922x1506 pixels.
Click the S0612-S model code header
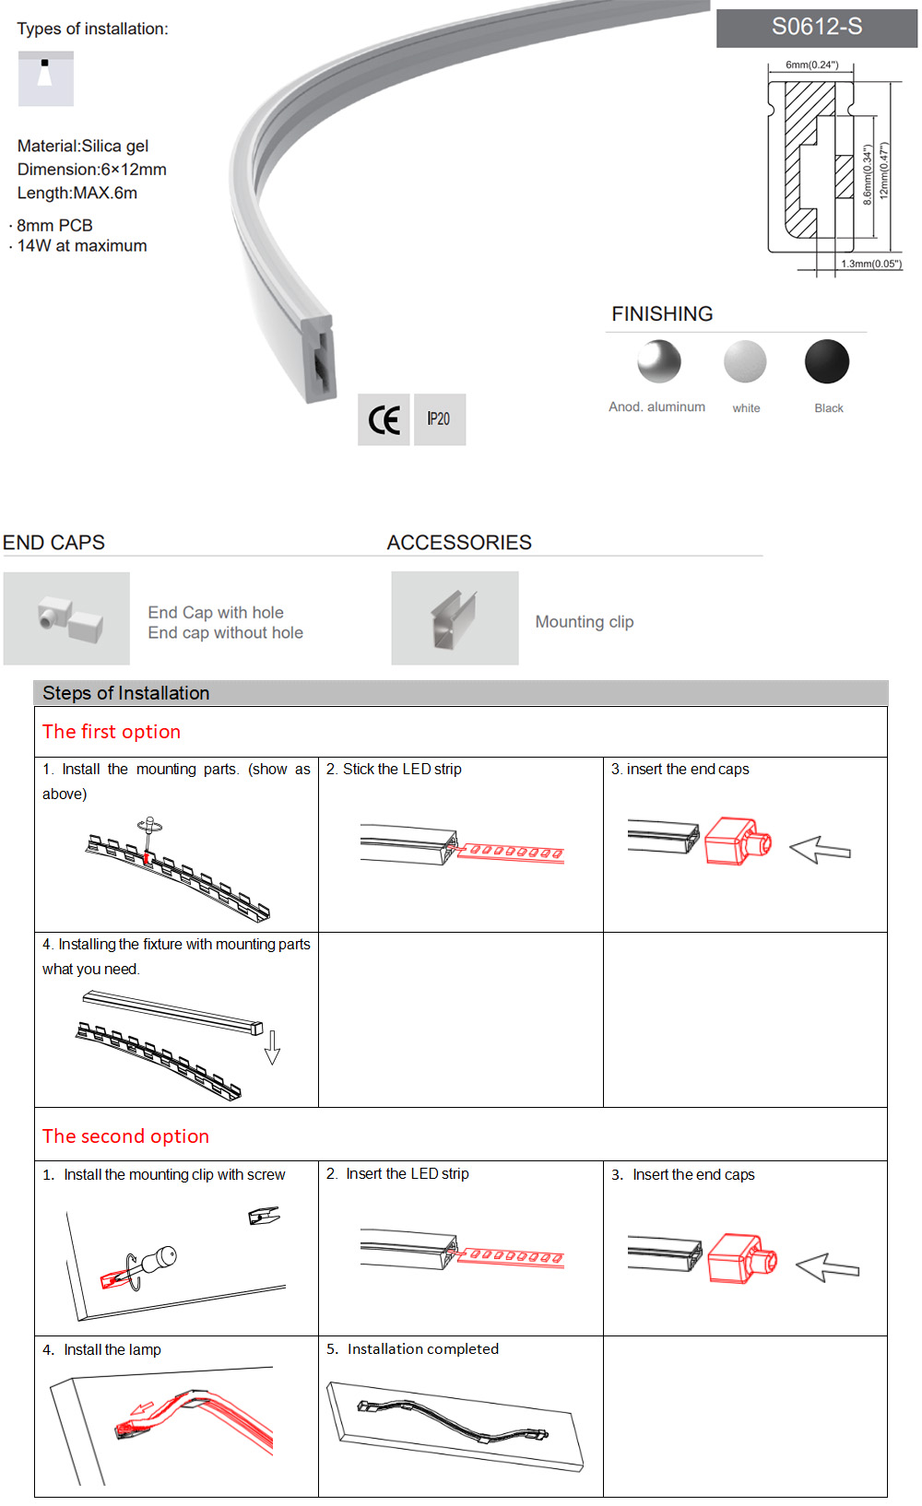[817, 28]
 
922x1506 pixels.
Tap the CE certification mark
[384, 420]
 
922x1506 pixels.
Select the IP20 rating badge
[439, 419]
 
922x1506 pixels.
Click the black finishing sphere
[826, 361]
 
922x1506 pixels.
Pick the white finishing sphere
[745, 361]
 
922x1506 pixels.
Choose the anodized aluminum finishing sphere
[658, 361]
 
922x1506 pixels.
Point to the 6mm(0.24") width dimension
[811, 65]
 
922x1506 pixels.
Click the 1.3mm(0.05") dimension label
[870, 264]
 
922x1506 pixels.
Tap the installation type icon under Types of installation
[45, 78]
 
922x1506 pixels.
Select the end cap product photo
[67, 618]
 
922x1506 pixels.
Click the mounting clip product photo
[455, 618]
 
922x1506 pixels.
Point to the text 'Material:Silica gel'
[83, 146]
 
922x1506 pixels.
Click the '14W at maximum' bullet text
[82, 246]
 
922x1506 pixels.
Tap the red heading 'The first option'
[112, 732]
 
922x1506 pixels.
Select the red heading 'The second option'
[125, 1136]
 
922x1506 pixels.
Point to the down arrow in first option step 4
[272, 1048]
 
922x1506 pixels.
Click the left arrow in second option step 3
[827, 1268]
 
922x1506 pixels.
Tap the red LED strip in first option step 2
[511, 853]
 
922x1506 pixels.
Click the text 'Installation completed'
[422, 1349]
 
